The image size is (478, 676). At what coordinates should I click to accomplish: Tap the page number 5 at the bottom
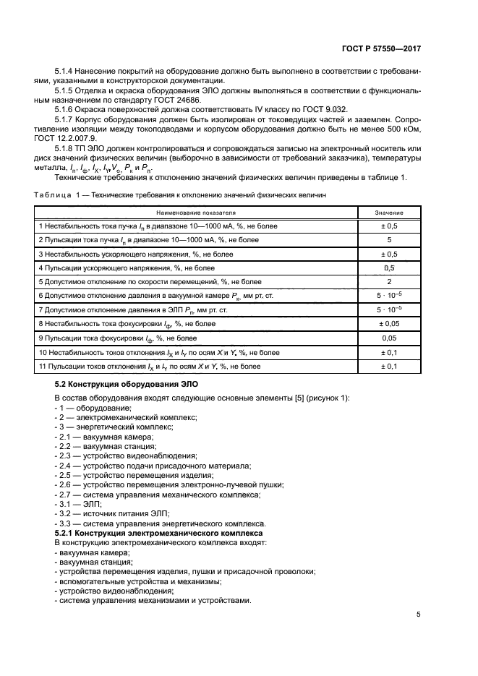[418, 615]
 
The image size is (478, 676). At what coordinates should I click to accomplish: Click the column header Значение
[388, 213]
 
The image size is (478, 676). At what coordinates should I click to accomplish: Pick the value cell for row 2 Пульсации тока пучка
[388, 239]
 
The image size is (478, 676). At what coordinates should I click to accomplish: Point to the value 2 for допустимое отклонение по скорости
[388, 281]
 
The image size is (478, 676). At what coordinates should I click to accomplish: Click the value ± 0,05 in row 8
[388, 324]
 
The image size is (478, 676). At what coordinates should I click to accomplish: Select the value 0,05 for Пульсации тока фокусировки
[388, 338]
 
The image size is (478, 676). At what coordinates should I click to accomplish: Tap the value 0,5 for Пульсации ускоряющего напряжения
[388, 268]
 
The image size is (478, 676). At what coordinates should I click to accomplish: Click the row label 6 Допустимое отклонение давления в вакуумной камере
[159, 296]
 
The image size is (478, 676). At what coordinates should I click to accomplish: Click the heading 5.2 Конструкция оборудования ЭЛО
[126, 385]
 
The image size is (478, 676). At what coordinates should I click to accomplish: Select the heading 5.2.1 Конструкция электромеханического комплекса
[158, 532]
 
